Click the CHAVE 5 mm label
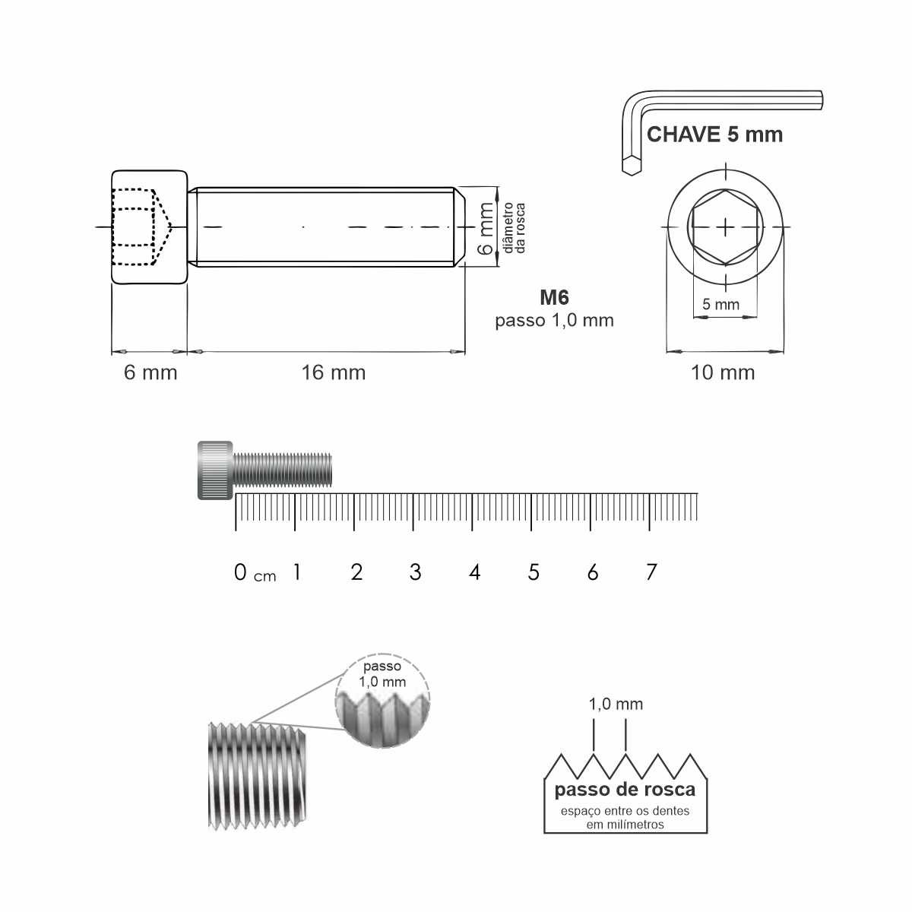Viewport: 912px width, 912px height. (714, 135)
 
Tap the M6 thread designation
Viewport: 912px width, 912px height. (554, 297)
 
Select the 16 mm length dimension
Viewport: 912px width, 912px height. (334, 372)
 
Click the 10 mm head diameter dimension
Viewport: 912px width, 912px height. (723, 372)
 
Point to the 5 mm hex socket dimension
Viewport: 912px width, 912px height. (720, 304)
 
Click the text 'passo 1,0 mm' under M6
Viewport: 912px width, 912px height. (554, 321)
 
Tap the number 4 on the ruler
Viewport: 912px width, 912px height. (475, 572)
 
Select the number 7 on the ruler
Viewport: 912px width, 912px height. (651, 572)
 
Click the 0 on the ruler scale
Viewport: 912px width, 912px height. (240, 572)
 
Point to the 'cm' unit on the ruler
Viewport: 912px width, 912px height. (265, 576)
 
